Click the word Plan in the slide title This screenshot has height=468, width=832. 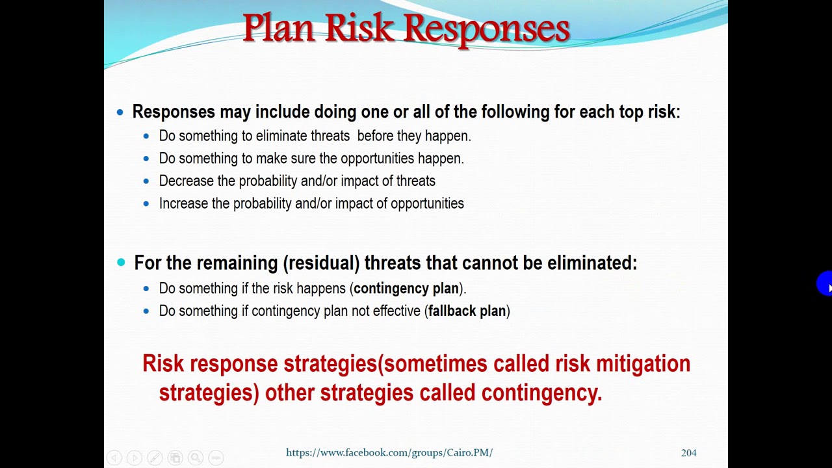click(x=279, y=29)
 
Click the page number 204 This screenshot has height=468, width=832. click(x=688, y=452)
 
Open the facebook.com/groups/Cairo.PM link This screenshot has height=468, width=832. click(x=389, y=452)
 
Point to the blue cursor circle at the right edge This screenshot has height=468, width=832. click(x=825, y=284)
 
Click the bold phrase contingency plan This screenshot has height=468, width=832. click(x=406, y=289)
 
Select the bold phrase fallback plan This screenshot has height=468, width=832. click(x=467, y=311)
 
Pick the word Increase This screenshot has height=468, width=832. click(x=184, y=203)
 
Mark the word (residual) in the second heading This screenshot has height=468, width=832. click(x=321, y=263)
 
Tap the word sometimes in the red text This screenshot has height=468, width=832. click(x=435, y=363)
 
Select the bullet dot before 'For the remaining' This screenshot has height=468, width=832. click(x=121, y=263)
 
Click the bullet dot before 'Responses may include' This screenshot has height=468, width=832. click(x=120, y=112)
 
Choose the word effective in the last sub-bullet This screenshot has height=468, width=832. click(x=396, y=311)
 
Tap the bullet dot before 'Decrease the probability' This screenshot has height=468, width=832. click(x=146, y=181)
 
